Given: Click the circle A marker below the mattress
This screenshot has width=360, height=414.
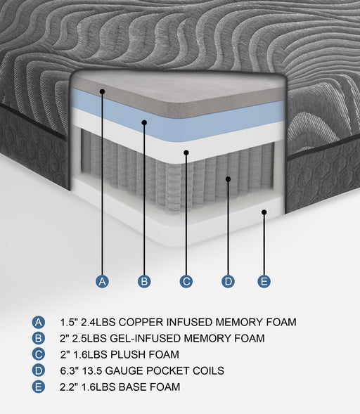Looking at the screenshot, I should point(103,282).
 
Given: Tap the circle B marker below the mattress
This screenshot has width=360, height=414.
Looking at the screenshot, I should point(144,282).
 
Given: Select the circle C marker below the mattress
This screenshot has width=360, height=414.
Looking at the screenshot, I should point(186,282).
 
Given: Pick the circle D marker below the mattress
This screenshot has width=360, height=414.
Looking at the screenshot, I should point(228,282).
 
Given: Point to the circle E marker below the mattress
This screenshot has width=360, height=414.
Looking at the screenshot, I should point(264,282).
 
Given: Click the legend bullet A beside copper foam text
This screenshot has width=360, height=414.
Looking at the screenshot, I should point(38,323).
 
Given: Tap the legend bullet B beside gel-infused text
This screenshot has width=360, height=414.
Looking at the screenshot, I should point(38,339).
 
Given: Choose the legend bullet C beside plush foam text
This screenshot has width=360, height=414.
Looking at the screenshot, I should point(38,355).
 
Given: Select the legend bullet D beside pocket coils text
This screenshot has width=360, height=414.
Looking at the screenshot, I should point(38,371).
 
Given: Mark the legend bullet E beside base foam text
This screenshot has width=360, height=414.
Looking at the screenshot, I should point(38,387).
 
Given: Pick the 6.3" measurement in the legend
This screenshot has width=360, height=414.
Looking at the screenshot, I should point(70,371).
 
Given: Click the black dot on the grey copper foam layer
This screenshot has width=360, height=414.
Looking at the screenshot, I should point(103,91).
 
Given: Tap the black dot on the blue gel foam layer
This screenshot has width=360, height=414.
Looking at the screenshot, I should point(144,122).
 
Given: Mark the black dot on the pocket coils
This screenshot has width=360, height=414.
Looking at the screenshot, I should point(228,179).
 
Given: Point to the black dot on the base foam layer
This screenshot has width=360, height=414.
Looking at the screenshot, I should point(264,212).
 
